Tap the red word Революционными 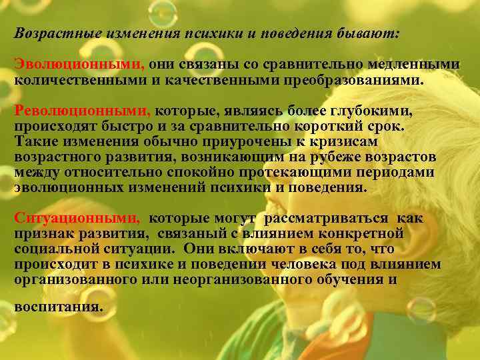(83, 113)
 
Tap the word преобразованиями (352, 80)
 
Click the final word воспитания (59, 309)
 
